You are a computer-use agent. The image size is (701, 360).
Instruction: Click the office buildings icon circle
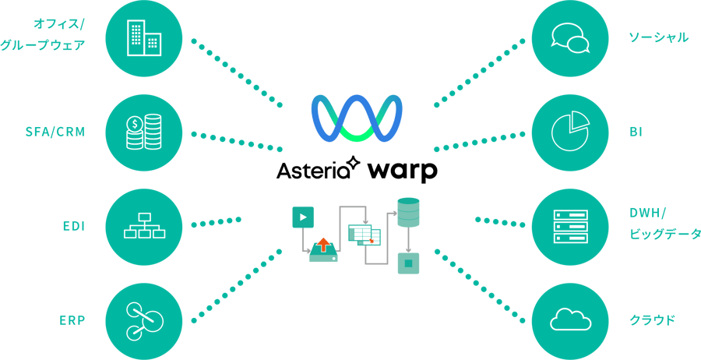tap(144, 37)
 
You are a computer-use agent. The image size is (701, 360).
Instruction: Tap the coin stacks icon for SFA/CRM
tap(144, 132)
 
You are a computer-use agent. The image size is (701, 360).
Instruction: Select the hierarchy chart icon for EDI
tap(144, 226)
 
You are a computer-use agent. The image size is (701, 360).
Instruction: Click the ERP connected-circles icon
tap(144, 320)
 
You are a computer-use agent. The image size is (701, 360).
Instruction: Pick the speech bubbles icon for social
tap(569, 37)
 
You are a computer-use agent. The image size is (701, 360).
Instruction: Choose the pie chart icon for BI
tap(569, 132)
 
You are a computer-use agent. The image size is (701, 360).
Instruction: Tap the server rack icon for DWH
tap(569, 226)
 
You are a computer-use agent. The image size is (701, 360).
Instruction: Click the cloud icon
tap(569, 320)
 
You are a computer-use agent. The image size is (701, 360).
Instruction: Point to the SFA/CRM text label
tap(55, 132)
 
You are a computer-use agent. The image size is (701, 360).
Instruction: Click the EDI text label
tap(73, 226)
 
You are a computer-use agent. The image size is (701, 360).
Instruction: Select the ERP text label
tap(72, 320)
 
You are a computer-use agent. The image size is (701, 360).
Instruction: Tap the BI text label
tap(636, 132)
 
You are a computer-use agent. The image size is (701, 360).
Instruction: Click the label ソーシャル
tap(659, 37)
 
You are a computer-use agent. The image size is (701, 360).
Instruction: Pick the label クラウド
tap(653, 320)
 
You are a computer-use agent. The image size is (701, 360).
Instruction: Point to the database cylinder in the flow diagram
tap(408, 213)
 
